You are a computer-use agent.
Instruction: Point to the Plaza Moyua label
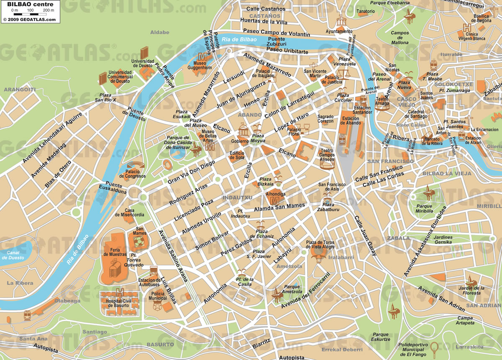coord(257,138)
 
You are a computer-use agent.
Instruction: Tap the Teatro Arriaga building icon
coord(382,106)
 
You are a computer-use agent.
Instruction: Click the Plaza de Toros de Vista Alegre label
coord(320,245)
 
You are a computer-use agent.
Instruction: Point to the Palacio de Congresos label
coord(132,174)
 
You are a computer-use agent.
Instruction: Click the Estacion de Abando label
coord(350,121)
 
